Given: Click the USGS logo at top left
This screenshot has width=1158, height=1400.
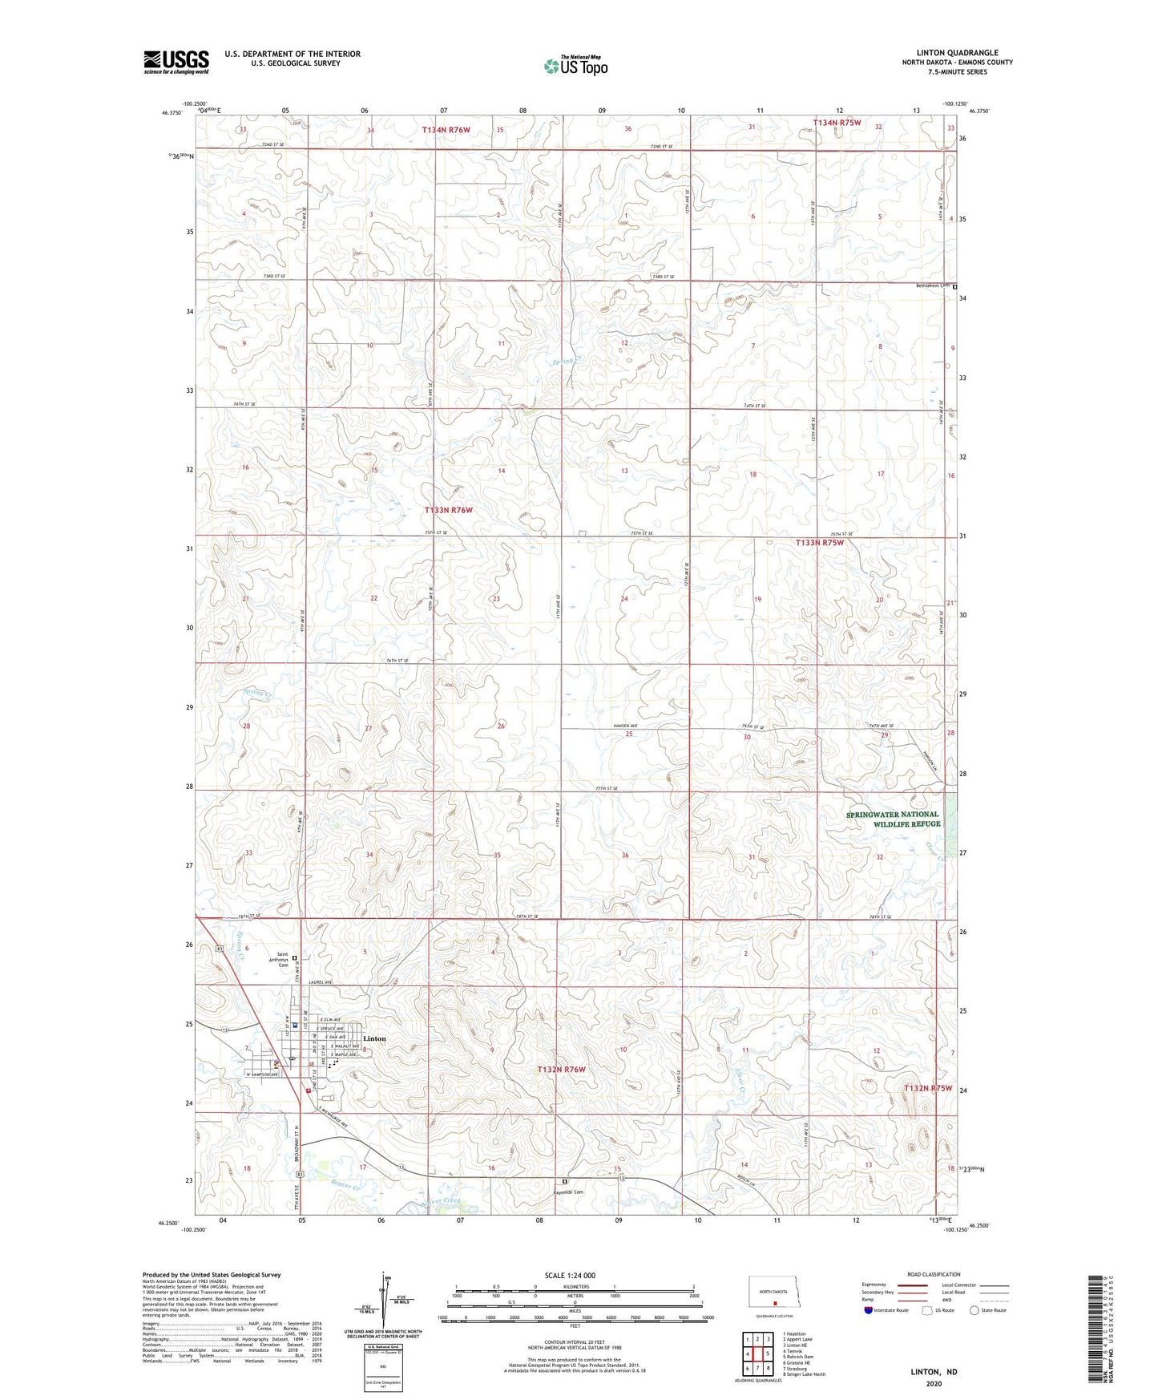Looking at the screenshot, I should pos(176,62).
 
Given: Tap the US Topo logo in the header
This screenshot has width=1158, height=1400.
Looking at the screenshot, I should pos(575,66).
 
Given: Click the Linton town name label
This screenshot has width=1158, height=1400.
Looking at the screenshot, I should pos(374,1038).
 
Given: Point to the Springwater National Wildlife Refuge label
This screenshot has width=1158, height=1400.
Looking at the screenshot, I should pos(893,819).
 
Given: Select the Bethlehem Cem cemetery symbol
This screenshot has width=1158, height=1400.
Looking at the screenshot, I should pos(954,286).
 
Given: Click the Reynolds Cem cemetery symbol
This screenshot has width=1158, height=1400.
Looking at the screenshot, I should pos(564,1182).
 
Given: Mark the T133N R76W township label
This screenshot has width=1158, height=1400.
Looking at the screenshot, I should pos(448,510).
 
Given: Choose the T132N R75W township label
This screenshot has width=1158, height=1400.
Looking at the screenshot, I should pos(928,1088).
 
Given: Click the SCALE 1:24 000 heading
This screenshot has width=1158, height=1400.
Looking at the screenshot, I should pos(570,1275).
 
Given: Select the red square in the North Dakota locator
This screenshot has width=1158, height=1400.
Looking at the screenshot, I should pos(775,1303).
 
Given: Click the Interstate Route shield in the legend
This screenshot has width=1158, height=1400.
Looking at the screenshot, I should pos(870,1310).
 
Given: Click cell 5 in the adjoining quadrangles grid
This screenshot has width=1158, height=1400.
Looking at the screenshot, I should pos(768,1353).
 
